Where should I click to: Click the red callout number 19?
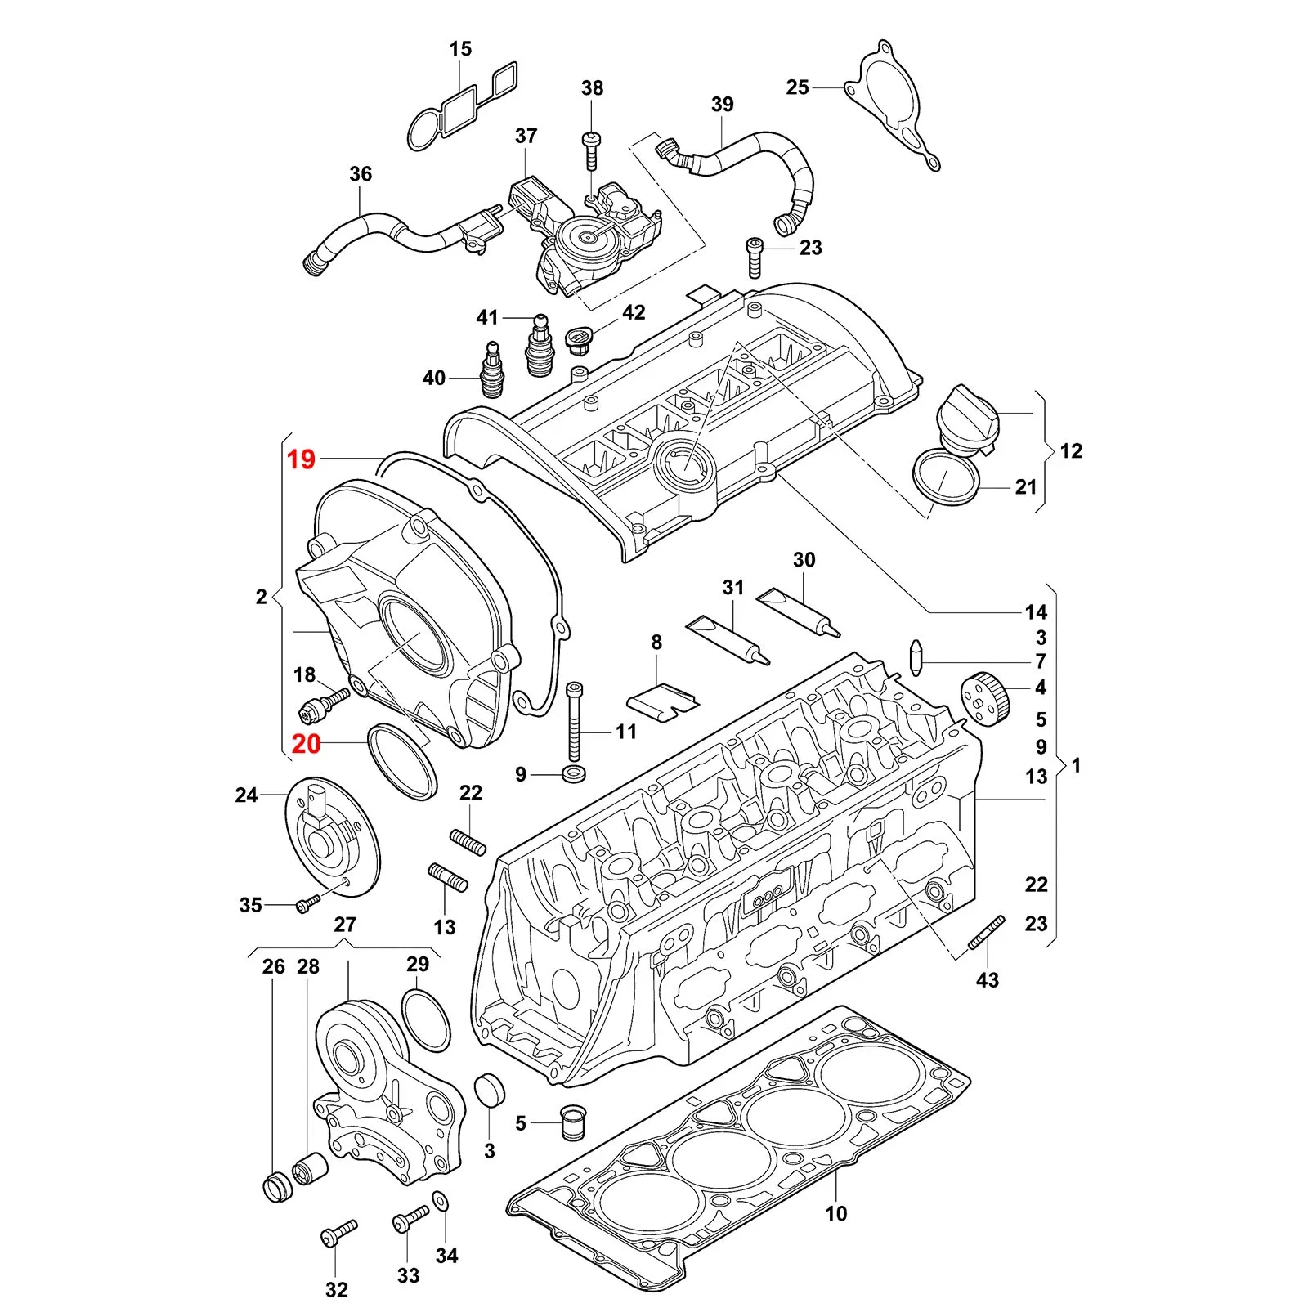pyautogui.click(x=301, y=459)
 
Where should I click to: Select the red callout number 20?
pyautogui.click(x=307, y=744)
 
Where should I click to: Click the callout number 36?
pyautogui.click(x=361, y=174)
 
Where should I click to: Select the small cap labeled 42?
pyautogui.click(x=580, y=338)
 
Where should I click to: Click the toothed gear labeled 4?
pyautogui.click(x=984, y=697)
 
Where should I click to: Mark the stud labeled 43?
pyautogui.click(x=986, y=933)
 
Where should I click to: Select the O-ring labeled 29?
pyautogui.click(x=426, y=1019)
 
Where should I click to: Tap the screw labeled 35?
pyautogui.click(x=309, y=903)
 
